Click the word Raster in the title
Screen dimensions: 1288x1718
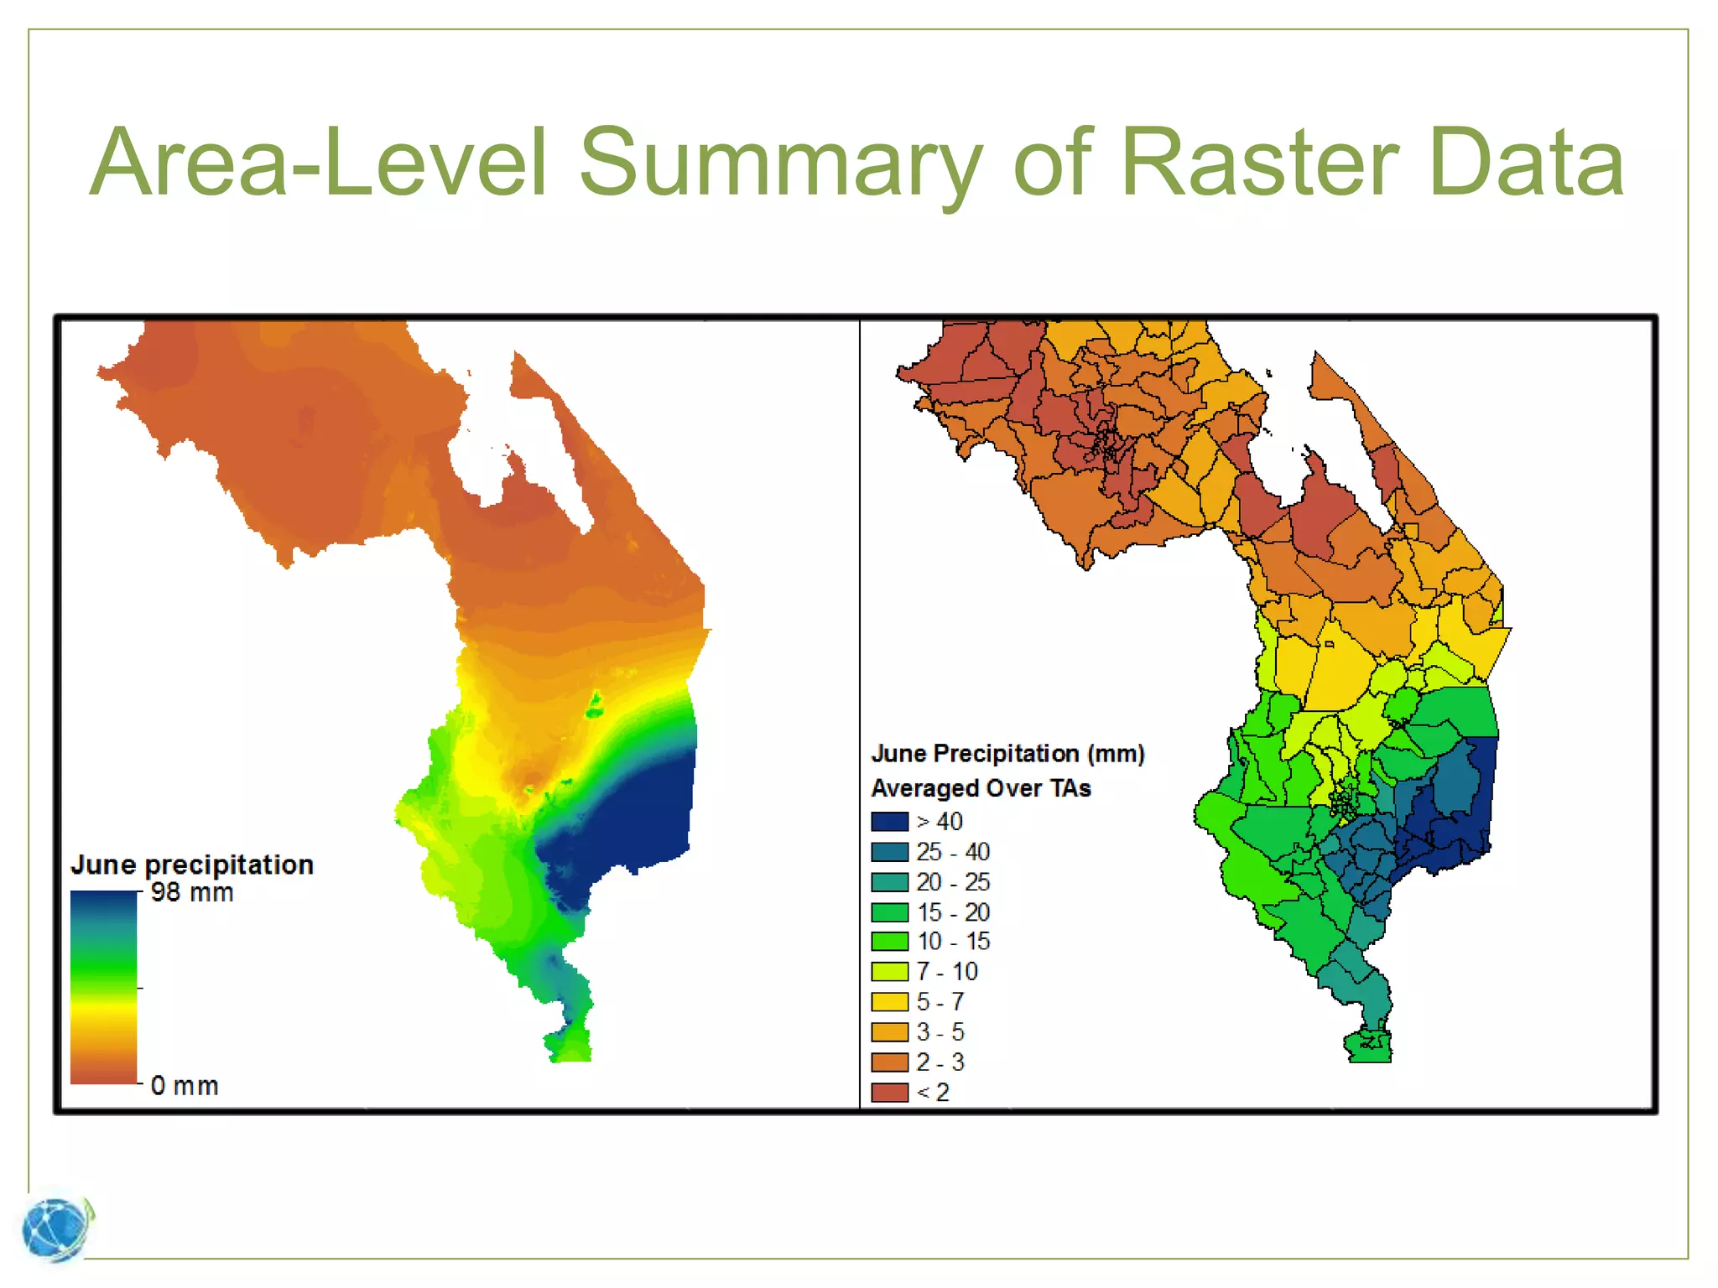tap(1258, 163)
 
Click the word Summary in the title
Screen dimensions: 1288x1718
tap(780, 163)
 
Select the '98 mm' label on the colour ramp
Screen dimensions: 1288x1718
tap(192, 893)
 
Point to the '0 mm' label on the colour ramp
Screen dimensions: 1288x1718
tap(185, 1086)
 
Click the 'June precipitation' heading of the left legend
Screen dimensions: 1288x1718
tap(192, 865)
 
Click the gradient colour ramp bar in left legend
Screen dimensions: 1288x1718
tap(103, 987)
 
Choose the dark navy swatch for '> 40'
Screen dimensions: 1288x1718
tap(889, 822)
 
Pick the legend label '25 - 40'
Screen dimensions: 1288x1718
tap(953, 852)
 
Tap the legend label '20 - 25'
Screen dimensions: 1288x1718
tap(953, 882)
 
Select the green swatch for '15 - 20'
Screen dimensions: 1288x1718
tap(889, 912)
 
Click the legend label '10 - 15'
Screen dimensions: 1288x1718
tap(953, 942)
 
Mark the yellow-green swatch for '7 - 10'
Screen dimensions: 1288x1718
tap(889, 972)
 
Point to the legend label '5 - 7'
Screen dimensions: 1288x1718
tap(940, 1002)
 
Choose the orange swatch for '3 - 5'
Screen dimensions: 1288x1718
tap(889, 1032)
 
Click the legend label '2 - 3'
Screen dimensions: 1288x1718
tap(940, 1062)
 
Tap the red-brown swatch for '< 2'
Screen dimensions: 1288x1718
tap(889, 1093)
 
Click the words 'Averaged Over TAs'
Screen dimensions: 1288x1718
tap(981, 788)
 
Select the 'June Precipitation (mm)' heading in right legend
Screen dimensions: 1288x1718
tap(1007, 754)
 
